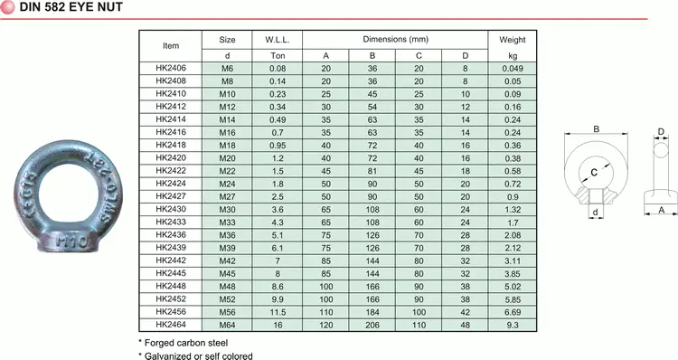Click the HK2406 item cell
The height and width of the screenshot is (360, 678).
coord(171,68)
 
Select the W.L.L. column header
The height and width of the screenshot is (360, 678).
coord(277,41)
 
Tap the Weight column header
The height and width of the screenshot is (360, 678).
coord(512,41)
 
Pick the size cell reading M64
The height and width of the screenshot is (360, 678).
coord(228,323)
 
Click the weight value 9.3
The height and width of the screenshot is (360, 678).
coord(512,323)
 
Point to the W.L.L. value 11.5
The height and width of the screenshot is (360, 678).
coord(277,310)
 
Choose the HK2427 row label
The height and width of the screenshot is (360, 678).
coord(171,195)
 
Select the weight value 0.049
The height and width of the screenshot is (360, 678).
coord(512,68)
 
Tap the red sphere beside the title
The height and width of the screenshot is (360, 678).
coord(8,8)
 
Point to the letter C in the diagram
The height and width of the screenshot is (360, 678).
coord(593,171)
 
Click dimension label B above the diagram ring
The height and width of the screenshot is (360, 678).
coord(596,129)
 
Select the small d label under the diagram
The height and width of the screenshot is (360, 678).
coord(595,213)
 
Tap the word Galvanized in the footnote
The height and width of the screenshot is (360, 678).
coord(169,355)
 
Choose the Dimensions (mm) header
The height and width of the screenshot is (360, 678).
coord(395,41)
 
